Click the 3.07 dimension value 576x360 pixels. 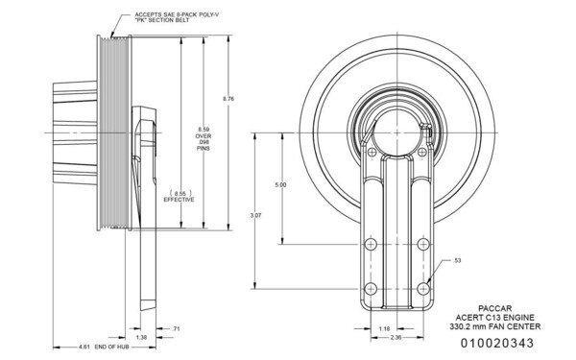[256, 214]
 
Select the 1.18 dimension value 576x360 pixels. [384, 328]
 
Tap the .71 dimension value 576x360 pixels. [175, 328]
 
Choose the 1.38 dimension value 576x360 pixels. [141, 338]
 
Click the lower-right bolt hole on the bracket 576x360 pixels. [423, 285]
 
